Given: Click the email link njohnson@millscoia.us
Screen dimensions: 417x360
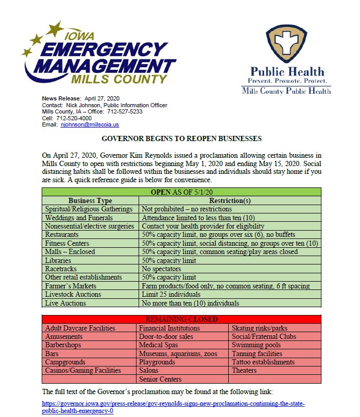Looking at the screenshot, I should [90, 125].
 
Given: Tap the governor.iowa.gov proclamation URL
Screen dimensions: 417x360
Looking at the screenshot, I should [173, 407].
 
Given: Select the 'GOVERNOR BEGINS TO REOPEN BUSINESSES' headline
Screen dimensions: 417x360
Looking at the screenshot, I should [181, 139].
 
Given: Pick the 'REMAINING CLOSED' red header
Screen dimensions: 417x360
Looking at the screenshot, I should [181, 320].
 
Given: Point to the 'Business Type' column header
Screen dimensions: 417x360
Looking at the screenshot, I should [90, 201].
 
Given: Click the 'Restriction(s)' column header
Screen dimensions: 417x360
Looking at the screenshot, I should [230, 201].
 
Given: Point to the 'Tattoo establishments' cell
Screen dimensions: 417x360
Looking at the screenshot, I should [263, 362].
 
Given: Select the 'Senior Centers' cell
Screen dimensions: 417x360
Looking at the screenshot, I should [160, 379].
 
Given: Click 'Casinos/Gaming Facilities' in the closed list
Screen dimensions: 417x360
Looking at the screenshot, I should [83, 370].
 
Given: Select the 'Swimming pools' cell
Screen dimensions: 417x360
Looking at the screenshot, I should [256, 345].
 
